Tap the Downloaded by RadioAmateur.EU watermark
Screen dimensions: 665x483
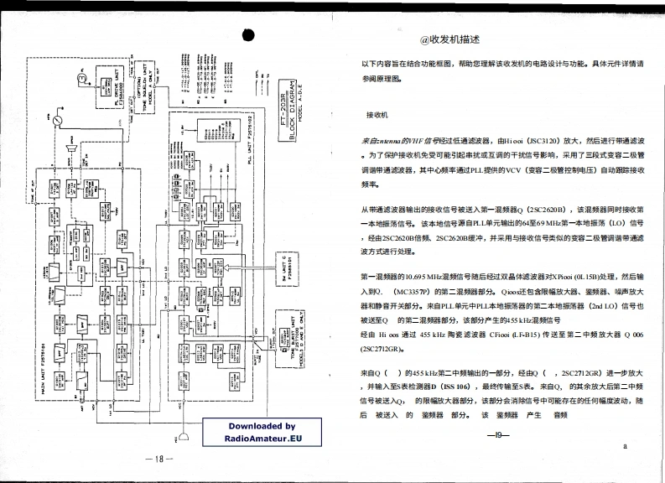[x=262, y=432]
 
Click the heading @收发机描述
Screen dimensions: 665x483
[x=450, y=39]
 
